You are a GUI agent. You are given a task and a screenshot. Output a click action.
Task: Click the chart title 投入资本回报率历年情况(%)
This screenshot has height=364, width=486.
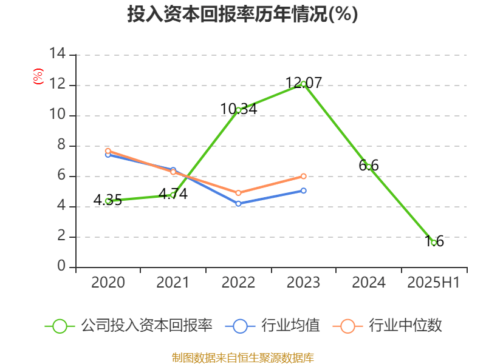pyautogui.click(x=242, y=15)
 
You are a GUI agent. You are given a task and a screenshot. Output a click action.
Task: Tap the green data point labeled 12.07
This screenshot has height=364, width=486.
pyautogui.click(x=303, y=84)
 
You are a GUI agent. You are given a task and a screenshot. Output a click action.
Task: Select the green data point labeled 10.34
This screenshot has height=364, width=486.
pyautogui.click(x=238, y=110)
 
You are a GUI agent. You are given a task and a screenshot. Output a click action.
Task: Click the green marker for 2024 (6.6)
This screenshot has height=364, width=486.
pyautogui.click(x=368, y=167)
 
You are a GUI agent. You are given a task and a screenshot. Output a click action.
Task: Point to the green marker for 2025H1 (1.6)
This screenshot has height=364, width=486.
pyautogui.click(x=433, y=243)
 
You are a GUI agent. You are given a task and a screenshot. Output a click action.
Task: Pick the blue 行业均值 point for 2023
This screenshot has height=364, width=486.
pyautogui.click(x=303, y=190)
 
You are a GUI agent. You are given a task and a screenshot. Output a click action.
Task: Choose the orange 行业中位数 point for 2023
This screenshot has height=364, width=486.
pyautogui.click(x=303, y=176)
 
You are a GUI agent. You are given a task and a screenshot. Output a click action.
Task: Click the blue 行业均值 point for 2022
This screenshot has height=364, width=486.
pyautogui.click(x=238, y=204)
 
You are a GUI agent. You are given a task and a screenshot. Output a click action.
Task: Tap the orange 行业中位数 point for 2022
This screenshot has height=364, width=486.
pyautogui.click(x=238, y=193)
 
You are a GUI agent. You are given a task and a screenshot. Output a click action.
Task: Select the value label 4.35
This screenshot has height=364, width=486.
pyautogui.click(x=108, y=200)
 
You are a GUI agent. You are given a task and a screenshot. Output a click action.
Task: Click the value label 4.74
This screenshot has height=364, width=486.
pyautogui.click(x=173, y=194)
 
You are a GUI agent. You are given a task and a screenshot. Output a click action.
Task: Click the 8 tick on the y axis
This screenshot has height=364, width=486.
pyautogui.click(x=61, y=146)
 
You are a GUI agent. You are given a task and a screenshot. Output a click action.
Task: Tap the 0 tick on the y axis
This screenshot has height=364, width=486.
pyautogui.click(x=61, y=267)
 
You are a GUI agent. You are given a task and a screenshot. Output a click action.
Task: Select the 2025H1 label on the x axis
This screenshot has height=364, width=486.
pyautogui.click(x=433, y=282)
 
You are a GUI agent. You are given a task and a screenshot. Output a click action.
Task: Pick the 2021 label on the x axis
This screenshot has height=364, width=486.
pyautogui.click(x=173, y=282)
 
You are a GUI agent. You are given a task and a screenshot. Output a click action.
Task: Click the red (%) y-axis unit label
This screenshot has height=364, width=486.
pyautogui.click(x=38, y=76)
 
